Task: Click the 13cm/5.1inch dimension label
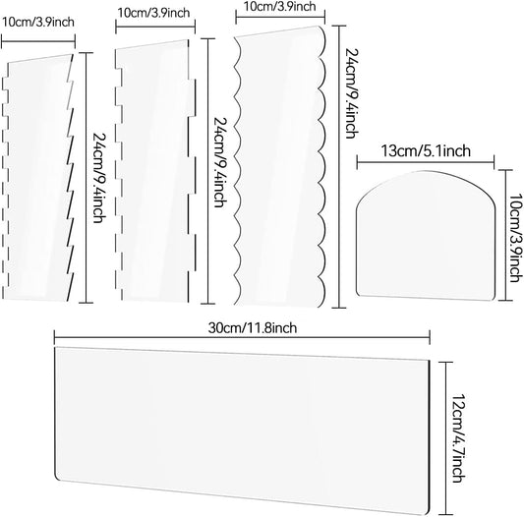[x=426, y=151]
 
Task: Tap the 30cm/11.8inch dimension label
[x=253, y=328]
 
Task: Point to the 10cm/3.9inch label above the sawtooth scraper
[x=38, y=23]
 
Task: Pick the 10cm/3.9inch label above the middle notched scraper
[x=153, y=13]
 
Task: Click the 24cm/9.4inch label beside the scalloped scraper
[x=352, y=93]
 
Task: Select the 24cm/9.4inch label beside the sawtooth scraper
[x=99, y=178]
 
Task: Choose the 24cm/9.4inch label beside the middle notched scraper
[x=220, y=162]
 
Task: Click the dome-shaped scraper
[x=425, y=236]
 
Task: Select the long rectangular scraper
[x=242, y=431]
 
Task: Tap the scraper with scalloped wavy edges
[x=279, y=166]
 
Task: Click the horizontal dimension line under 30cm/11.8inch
[x=242, y=337]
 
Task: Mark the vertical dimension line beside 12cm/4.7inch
[x=445, y=438]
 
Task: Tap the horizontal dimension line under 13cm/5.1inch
[x=426, y=162]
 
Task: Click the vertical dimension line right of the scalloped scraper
[x=339, y=166]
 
